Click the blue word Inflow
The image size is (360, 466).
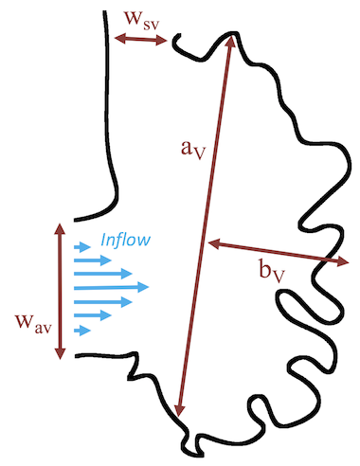(124, 240)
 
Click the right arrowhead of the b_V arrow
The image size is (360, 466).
(342, 260)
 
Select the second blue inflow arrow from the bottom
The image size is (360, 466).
(92, 314)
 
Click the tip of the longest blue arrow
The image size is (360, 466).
(149, 286)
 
